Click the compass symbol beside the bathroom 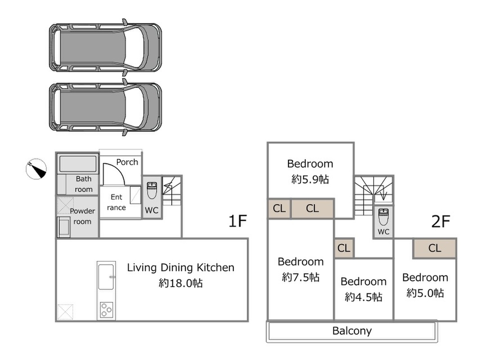point(36,169)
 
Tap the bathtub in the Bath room point(78,164)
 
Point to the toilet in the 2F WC point(384,216)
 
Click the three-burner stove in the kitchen point(107,310)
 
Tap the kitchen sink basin point(106,277)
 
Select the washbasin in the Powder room point(64,227)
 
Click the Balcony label point(352,331)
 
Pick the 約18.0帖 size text point(180,283)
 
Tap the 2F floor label point(441,221)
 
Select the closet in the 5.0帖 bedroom point(434,248)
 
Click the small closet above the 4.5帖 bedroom point(344,248)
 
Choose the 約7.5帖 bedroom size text point(300,277)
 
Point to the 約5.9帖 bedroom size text point(310,179)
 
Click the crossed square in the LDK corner point(65,312)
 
